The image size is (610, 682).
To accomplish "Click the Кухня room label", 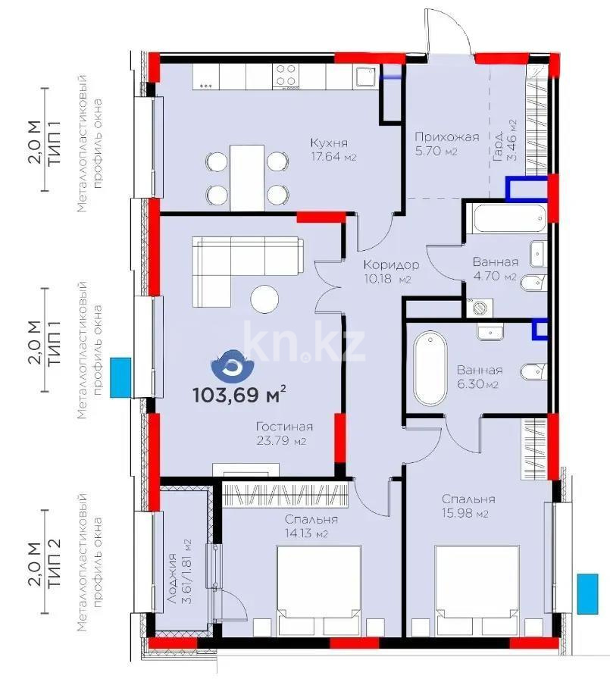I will coord(329,142).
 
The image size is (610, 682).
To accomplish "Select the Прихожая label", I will coord(446,137).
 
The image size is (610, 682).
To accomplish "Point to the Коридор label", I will coord(390,264).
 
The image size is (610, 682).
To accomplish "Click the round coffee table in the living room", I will coord(265,298).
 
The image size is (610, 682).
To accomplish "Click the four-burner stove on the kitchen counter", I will coord(286,77).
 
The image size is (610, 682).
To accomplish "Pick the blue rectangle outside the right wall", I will coord(587,593).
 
